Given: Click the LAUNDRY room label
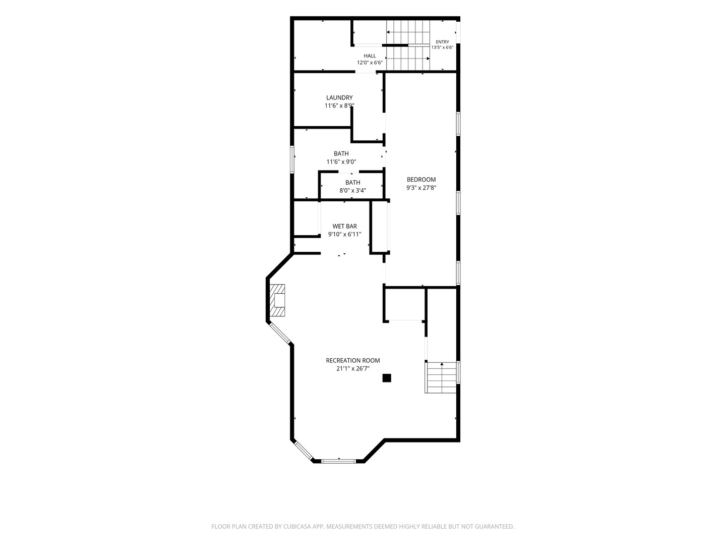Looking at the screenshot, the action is point(339,97).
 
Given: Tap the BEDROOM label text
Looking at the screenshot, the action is point(421,180).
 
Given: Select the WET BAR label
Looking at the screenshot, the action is point(345,227).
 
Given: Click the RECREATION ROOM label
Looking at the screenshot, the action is point(353,360).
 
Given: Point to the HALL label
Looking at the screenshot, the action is point(370,56).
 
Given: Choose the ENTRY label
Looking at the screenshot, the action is point(442,42).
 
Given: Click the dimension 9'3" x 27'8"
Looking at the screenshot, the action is point(421,188).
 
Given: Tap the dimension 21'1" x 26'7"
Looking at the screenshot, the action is point(353,368).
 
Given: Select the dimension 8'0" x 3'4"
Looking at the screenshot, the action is point(352,191).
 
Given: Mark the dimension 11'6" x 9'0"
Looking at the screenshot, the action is point(341,162).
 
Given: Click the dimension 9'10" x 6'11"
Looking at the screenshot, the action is point(345,235).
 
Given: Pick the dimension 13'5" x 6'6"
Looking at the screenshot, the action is point(442,47).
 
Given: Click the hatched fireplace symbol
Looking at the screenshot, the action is point(277,300).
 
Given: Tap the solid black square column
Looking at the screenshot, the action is point(387,378).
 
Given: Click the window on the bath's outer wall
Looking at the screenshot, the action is point(292,159).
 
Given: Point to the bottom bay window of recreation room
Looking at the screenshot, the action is point(338,461).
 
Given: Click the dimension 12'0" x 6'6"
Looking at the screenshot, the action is point(370,63).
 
